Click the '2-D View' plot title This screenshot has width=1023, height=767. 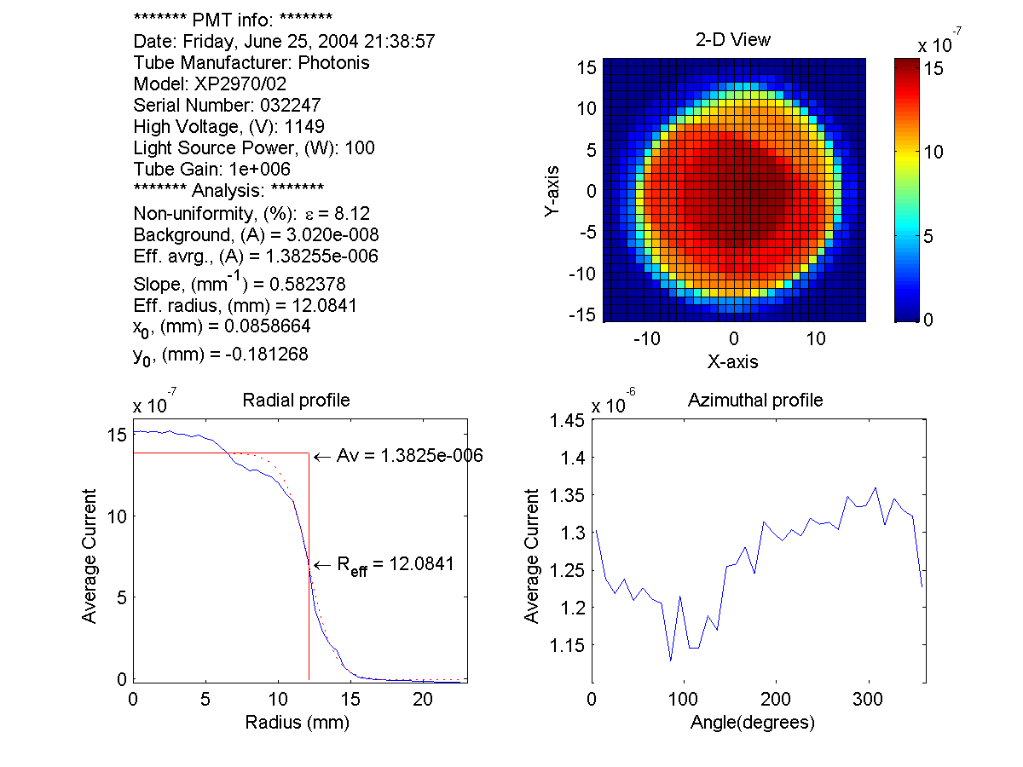[x=734, y=40]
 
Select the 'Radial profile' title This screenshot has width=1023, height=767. [x=296, y=400]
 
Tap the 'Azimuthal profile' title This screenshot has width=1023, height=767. [x=755, y=400]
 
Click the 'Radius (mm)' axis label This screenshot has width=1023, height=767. [x=297, y=723]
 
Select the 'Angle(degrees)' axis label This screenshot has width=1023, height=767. [x=753, y=723]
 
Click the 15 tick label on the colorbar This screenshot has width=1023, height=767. [x=933, y=67]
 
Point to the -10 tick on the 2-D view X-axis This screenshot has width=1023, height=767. [x=648, y=339]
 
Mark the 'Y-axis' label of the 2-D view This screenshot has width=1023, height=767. [x=553, y=191]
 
